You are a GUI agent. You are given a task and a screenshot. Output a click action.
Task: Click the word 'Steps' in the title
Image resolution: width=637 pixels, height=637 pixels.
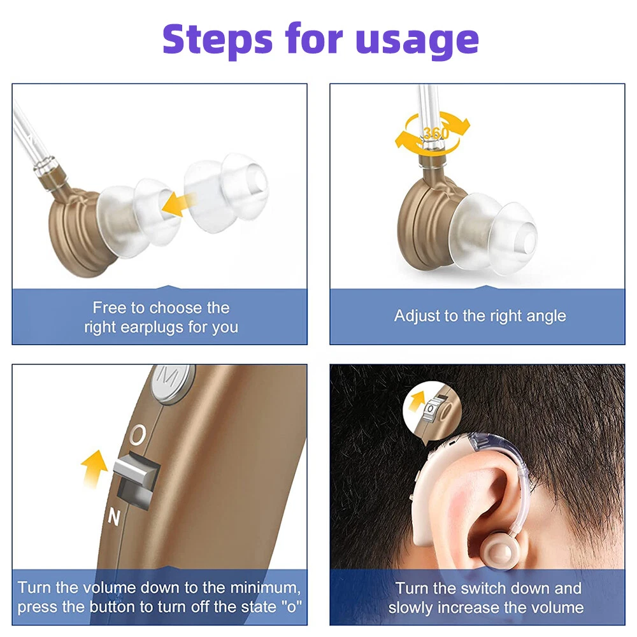click(217, 39)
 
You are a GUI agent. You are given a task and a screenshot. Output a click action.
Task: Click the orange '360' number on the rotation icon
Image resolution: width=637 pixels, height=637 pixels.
click(436, 133)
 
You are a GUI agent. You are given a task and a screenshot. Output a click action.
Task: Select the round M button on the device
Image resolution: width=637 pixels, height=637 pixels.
click(171, 383)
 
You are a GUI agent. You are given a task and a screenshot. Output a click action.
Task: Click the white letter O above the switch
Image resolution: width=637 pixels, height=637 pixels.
click(138, 435)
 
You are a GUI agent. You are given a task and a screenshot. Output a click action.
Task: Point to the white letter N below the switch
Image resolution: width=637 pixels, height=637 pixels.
click(114, 517)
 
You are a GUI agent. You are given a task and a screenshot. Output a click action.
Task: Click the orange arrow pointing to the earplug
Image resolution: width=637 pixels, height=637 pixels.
click(179, 204)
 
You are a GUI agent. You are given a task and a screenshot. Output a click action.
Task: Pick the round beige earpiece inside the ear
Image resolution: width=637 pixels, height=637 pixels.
click(499, 551)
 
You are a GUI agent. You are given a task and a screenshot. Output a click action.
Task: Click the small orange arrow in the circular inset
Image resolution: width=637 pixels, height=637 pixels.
click(417, 401)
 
